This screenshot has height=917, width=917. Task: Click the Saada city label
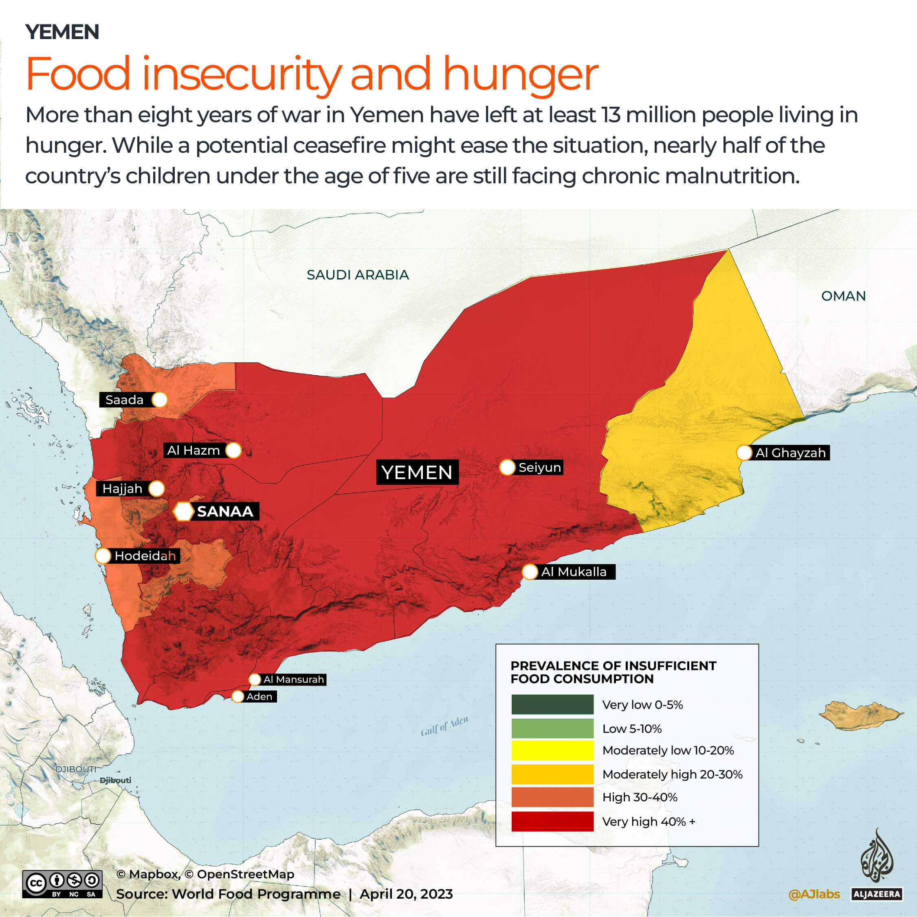[x=125, y=400]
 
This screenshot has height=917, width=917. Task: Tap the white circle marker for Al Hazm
[x=233, y=450]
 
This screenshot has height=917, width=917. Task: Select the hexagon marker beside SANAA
[x=183, y=511]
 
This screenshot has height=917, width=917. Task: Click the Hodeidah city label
[x=145, y=556]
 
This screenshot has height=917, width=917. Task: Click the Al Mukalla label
[x=573, y=572]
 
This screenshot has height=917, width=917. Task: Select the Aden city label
[x=259, y=696]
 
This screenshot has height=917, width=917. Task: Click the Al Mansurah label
[x=293, y=679]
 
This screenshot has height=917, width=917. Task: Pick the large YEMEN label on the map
[x=417, y=472]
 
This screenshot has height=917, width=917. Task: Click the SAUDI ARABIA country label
[x=357, y=275]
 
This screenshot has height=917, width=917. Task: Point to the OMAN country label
[x=843, y=296]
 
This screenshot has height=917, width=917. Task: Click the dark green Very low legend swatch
[x=552, y=704]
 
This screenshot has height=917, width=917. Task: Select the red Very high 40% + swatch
[x=552, y=821]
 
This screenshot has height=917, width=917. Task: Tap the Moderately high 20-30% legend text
[x=672, y=774]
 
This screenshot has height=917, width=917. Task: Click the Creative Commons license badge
[x=62, y=884]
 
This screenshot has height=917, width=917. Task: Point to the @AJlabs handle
[x=814, y=894]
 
